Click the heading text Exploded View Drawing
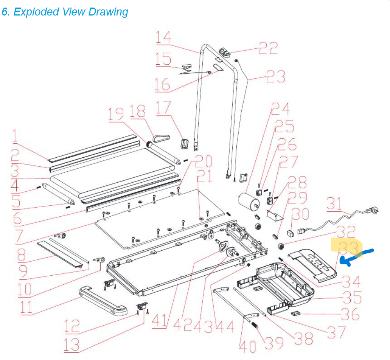[65, 12]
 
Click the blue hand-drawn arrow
[356, 257]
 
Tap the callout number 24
[280, 109]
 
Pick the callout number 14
[164, 37]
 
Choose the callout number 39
[274, 342]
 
